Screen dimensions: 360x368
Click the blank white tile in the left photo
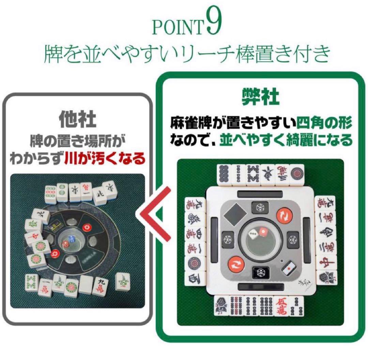87,284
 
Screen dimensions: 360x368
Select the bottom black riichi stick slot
260,286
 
